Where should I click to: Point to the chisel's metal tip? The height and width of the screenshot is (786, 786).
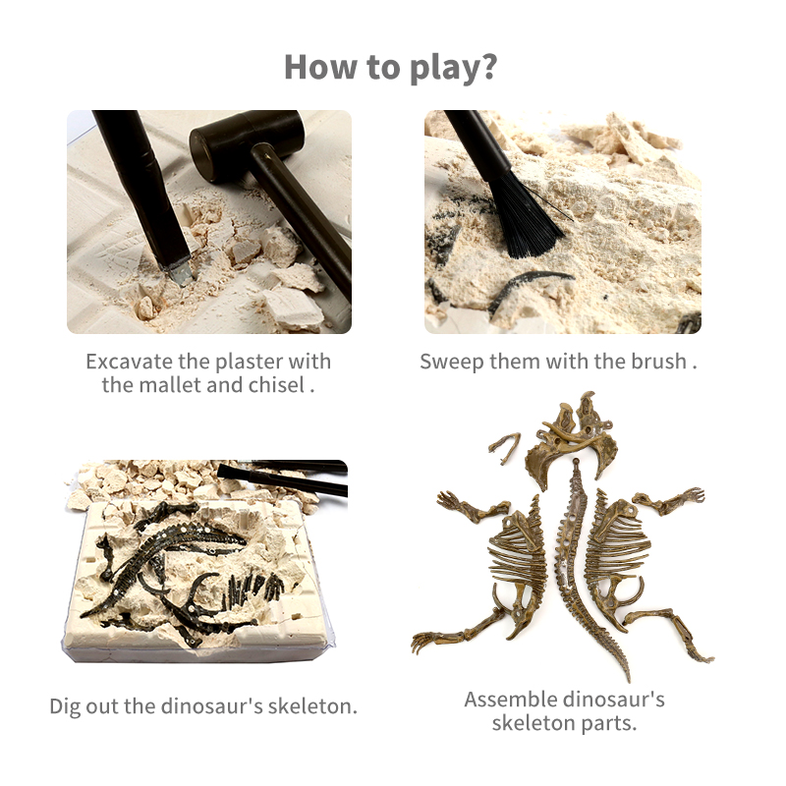point(181,273)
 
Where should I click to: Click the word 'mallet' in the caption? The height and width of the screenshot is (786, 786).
point(170,385)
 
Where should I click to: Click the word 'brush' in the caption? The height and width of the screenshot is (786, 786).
point(658,361)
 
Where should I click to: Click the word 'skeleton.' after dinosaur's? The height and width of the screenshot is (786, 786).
point(312,706)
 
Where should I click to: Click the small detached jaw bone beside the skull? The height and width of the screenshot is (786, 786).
point(504,447)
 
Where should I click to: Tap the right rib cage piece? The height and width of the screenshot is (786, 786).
point(617,556)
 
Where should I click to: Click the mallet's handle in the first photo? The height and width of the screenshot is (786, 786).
point(301,220)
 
